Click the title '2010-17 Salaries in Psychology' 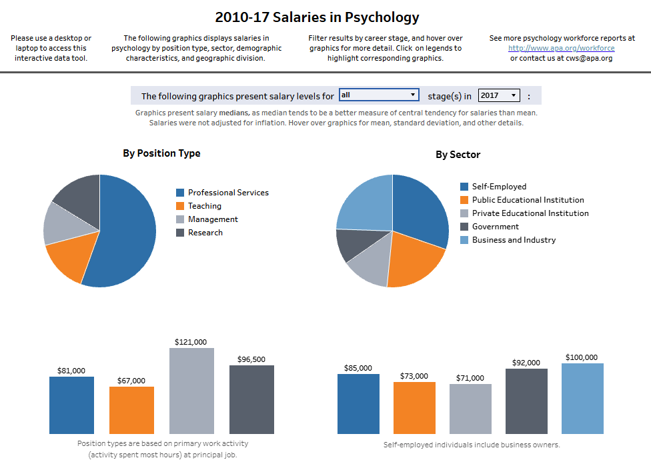[x=317, y=17]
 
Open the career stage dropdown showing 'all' [x=379, y=95]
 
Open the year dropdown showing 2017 [x=499, y=95]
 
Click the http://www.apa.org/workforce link [x=561, y=48]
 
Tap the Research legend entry [x=205, y=233]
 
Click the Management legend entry [x=212, y=219]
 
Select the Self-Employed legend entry [x=499, y=187]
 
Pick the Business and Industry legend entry [x=514, y=240]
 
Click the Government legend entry [x=495, y=227]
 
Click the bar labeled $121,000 [x=192, y=391]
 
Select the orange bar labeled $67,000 [x=131, y=411]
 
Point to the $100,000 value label [x=582, y=357]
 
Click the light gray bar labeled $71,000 [x=470, y=409]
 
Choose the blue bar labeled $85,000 [x=358, y=404]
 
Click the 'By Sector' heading [x=458, y=155]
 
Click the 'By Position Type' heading [x=161, y=153]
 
